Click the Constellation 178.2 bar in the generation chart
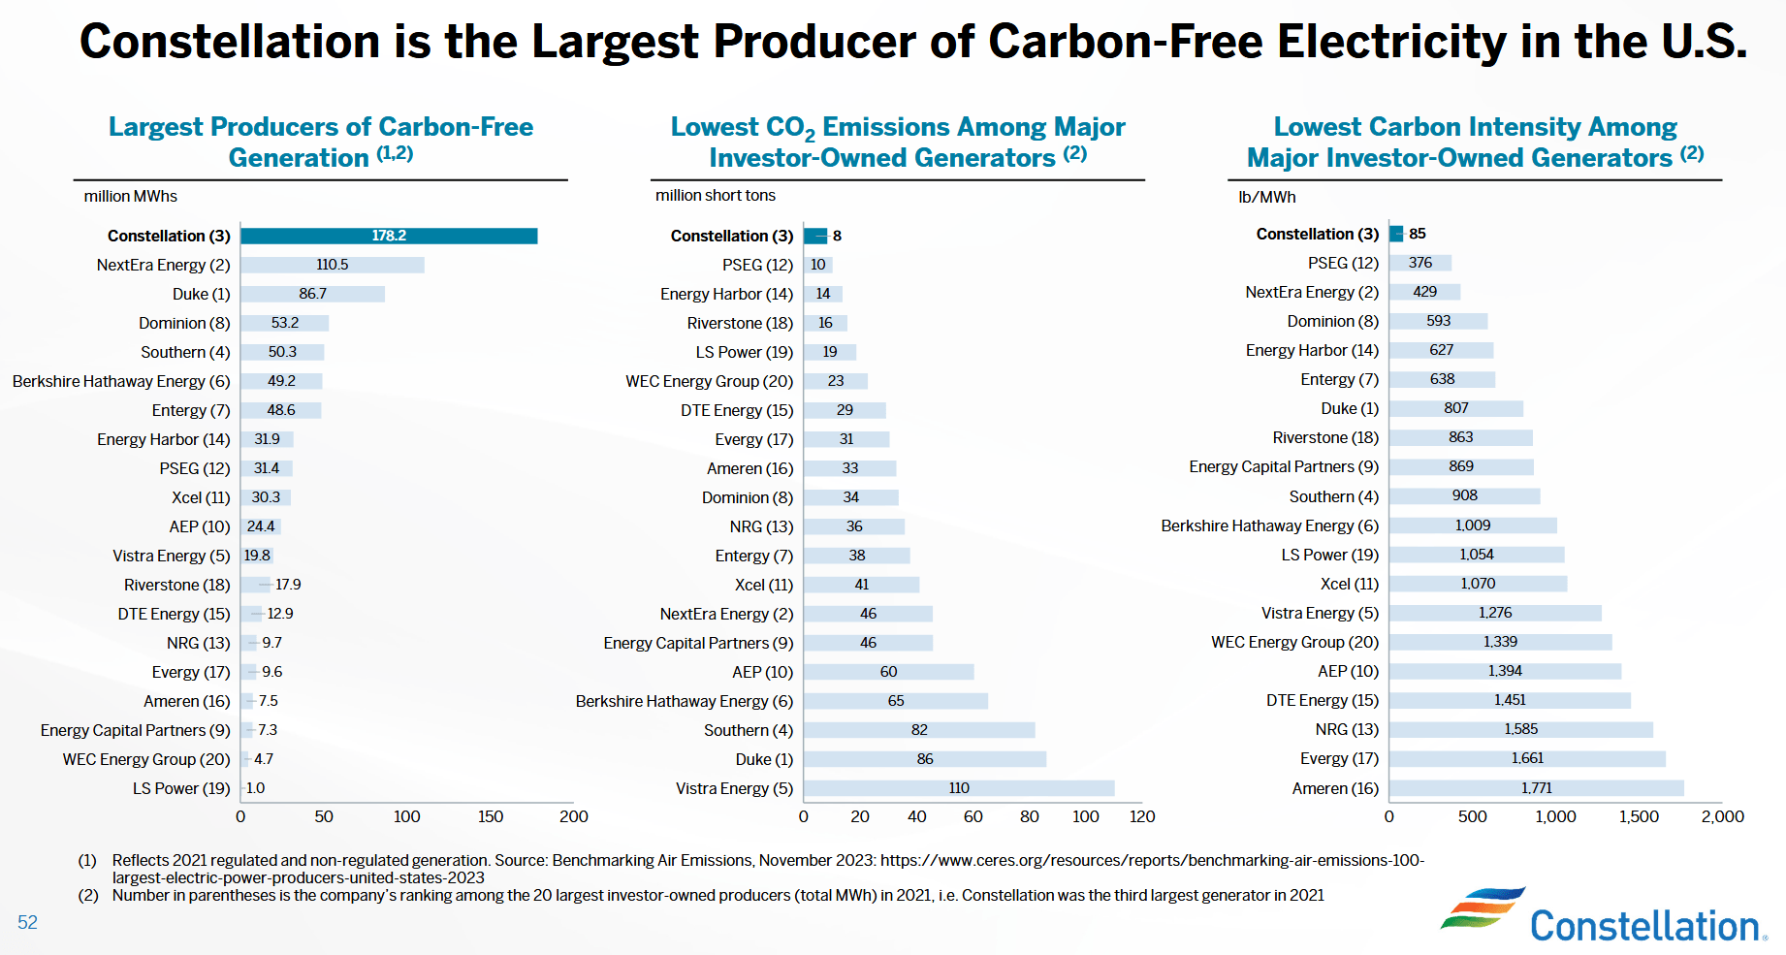click(x=388, y=236)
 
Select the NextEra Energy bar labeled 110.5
click(x=332, y=265)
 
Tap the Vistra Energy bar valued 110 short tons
click(x=958, y=788)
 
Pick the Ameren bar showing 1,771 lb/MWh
click(x=1536, y=788)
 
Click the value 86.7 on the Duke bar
click(x=312, y=294)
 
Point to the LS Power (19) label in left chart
click(x=181, y=788)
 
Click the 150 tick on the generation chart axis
click(x=491, y=816)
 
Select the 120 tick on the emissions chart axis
click(x=1142, y=816)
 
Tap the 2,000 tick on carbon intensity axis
click(x=1722, y=816)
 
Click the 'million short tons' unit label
click(x=716, y=195)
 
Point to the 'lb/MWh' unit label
click(x=1266, y=197)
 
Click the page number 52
click(x=27, y=922)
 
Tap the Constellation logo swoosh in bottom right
click(x=1481, y=907)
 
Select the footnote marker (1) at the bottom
click(x=87, y=860)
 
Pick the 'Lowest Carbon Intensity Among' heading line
click(x=1475, y=127)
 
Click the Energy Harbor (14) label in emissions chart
click(x=726, y=294)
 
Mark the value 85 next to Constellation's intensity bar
click(x=1417, y=234)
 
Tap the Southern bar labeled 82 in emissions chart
click(x=918, y=730)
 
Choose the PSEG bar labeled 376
click(x=1419, y=263)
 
